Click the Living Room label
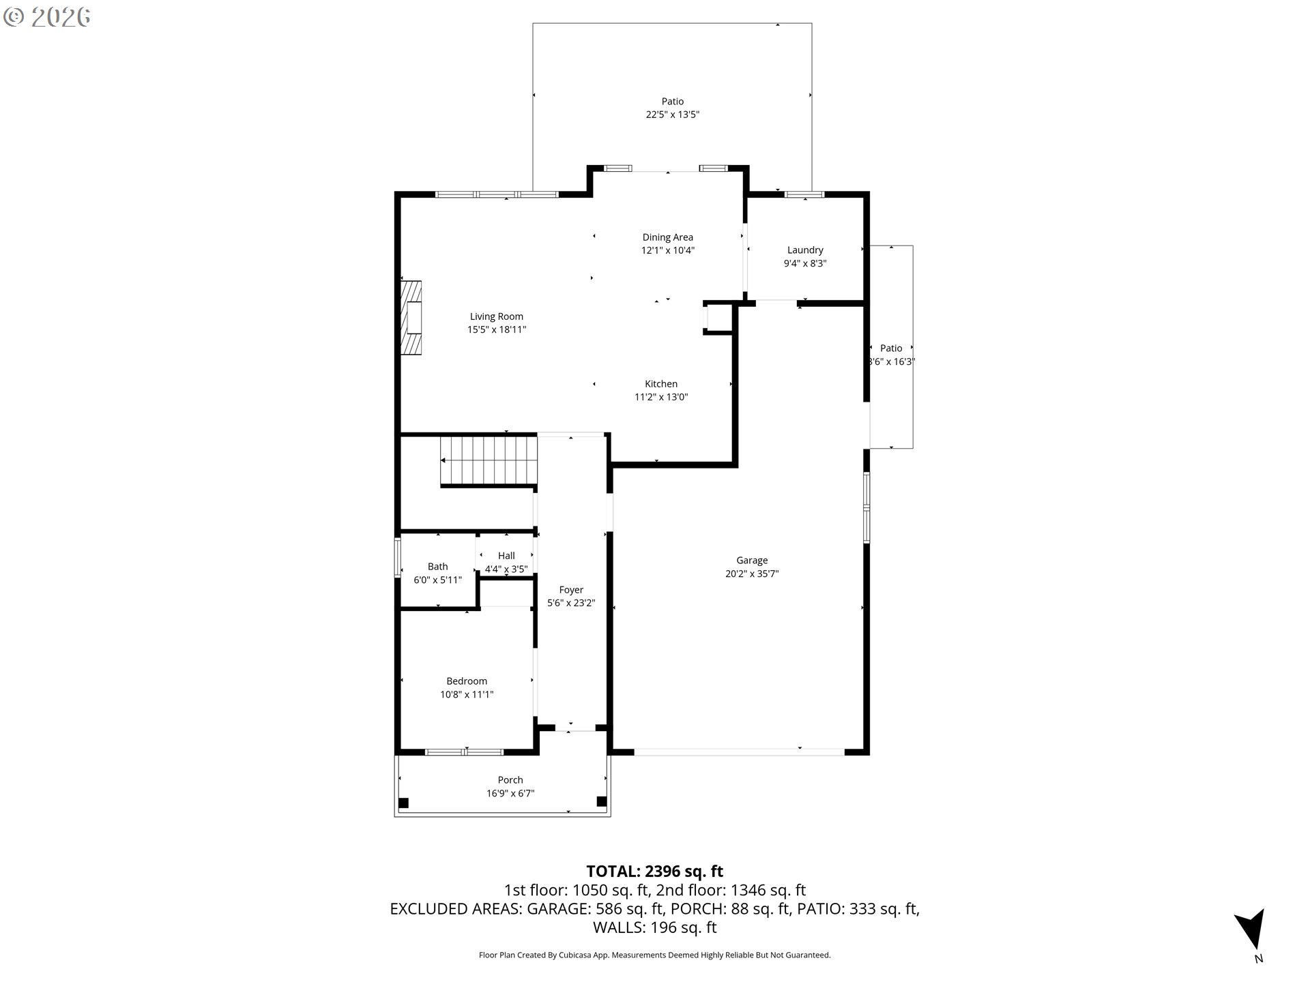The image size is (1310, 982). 496,316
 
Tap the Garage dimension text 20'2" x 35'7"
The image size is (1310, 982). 751,574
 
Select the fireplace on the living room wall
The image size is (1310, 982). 411,318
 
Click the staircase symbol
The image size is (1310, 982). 489,460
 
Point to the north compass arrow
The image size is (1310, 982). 1251,930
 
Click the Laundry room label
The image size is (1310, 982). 804,250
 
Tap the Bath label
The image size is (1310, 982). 437,567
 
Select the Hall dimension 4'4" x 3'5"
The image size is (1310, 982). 506,569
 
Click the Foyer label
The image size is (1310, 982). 571,590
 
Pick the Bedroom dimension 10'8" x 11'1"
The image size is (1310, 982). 467,694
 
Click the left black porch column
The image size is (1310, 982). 403,803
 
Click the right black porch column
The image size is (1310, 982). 601,801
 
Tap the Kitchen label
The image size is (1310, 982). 660,384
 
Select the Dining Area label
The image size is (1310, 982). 667,237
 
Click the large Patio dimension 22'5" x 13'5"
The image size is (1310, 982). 672,115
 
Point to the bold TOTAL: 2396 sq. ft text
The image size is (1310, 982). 654,871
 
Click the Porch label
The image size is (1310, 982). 510,780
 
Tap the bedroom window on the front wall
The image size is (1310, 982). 464,752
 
